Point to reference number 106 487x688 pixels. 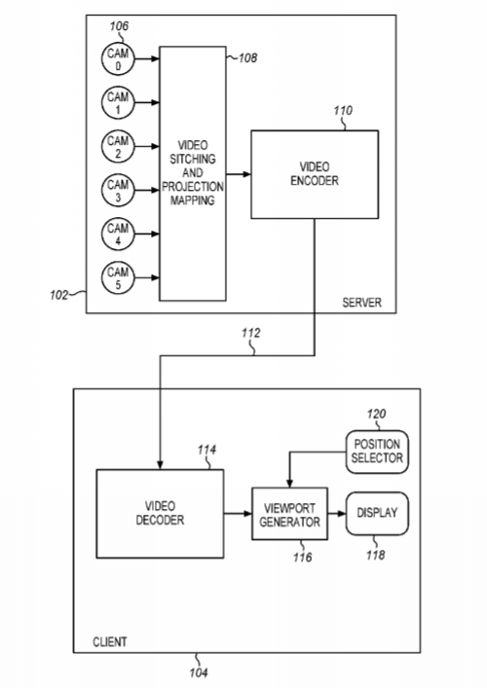coord(119,26)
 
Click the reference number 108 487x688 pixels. coord(247,57)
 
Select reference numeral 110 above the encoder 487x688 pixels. coord(343,111)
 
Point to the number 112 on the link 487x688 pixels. coord(250,333)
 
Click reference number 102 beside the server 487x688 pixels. coord(58,295)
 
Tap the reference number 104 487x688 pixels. coord(199,672)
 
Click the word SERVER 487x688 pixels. coord(362,303)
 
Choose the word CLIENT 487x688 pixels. coord(110,642)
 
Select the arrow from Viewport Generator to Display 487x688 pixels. coord(337,514)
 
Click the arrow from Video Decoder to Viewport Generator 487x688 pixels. coord(238,514)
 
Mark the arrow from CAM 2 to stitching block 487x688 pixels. coord(147,146)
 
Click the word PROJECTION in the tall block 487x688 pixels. coord(192,187)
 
